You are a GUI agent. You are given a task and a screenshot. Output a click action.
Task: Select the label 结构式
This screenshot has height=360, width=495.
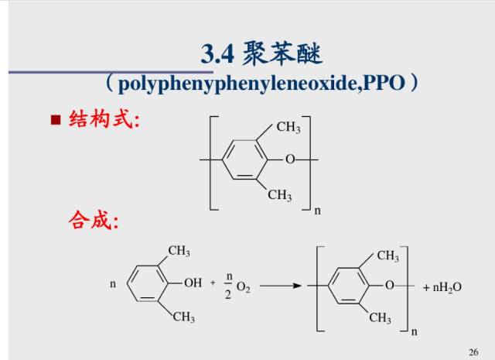point(104,120)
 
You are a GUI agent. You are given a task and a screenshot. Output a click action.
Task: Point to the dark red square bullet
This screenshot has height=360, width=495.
point(55,121)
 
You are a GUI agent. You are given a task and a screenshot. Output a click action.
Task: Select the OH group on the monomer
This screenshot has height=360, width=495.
point(193,283)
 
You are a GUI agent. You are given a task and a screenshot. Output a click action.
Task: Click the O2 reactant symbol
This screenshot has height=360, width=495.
point(243,287)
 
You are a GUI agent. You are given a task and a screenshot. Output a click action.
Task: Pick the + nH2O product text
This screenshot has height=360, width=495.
point(442,287)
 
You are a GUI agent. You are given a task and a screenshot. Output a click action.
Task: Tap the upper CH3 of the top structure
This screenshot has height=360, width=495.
point(288,128)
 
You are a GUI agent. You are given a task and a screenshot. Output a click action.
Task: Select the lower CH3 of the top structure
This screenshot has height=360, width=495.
point(279,195)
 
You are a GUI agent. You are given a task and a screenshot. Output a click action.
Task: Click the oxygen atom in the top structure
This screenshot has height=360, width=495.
point(290,159)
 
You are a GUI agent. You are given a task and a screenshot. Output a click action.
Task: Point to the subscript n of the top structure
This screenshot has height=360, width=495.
point(316,211)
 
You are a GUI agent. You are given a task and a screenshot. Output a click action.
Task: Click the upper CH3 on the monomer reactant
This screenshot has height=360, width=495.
point(179,251)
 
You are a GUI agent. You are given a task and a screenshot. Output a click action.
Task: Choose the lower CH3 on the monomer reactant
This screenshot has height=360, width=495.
point(183,317)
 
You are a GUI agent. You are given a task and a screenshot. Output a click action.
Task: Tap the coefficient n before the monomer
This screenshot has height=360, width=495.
point(112,284)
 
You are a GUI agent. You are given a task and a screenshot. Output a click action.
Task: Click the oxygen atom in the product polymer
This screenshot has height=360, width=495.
point(389,285)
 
